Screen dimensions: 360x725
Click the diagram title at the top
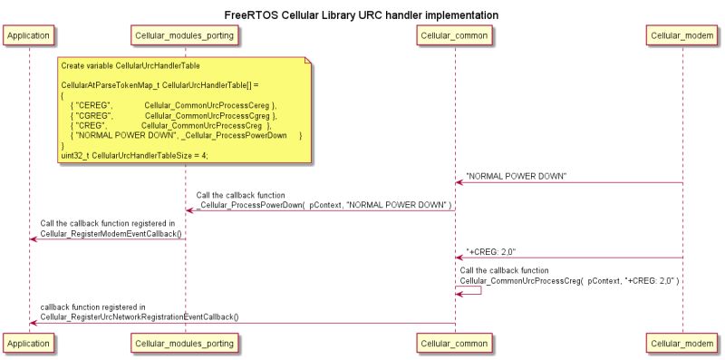[362, 15]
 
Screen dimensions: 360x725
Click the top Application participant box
[29, 35]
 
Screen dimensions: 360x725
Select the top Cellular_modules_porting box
[185, 35]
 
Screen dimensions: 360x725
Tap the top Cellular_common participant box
[455, 35]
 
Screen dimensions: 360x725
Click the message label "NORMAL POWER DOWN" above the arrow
[517, 175]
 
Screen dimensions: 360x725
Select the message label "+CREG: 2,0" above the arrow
[491, 251]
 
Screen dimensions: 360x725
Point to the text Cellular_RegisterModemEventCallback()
[111, 233]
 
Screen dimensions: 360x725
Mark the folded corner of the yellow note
[307, 61]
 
